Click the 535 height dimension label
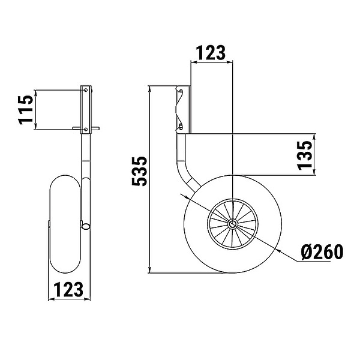139,171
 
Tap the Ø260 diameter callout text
322,252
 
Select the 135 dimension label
305,155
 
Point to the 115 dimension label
26,110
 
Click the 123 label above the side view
211,53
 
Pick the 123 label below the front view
68,289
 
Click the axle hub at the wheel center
233,223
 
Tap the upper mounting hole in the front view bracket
86,90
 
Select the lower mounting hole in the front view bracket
86,130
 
